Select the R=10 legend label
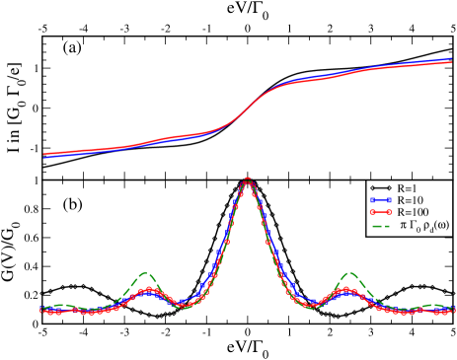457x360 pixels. coord(412,199)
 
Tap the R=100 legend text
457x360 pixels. coord(414,212)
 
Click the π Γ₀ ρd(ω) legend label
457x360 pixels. coord(424,225)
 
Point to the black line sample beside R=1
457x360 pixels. coord(381,187)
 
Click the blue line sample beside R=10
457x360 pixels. coord(381,199)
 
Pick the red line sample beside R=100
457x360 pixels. coord(381,212)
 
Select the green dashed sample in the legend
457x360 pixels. coord(381,225)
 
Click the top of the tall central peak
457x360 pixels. coord(248,180)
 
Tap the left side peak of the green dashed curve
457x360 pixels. coord(146,273)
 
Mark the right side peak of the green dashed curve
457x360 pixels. coord(349,273)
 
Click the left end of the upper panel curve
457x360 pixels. coord(44,155)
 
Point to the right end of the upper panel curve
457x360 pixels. coord(452,61)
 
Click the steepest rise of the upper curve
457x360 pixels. coord(248,108)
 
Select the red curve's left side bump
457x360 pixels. coord(148,290)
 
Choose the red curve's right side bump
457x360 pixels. coord(347,290)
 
